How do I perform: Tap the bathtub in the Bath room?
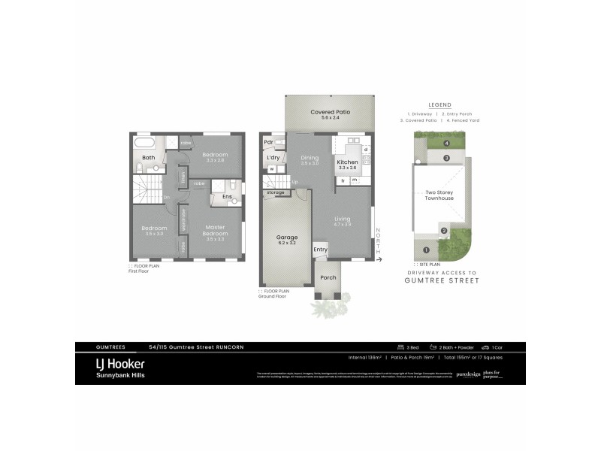143,142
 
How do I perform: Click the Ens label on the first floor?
226,197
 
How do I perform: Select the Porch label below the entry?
328,277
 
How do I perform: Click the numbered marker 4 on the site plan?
446,143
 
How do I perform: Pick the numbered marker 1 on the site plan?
425,250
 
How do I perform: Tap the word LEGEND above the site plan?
439,105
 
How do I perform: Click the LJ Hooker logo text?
110,362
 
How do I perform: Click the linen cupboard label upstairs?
182,178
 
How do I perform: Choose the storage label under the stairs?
273,192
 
